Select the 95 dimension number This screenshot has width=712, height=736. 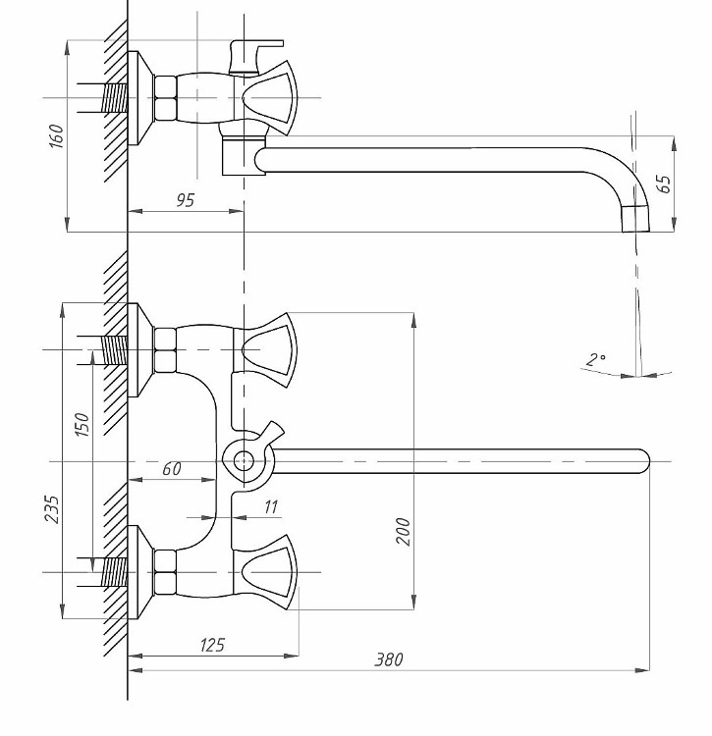tap(185, 200)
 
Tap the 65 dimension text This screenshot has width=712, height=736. tap(664, 184)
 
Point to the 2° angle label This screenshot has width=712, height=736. tap(595, 360)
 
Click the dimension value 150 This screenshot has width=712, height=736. tap(83, 423)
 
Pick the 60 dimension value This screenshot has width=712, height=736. tap(171, 469)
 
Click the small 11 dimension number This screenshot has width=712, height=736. tap(271, 506)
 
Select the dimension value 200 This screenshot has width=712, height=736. tap(403, 531)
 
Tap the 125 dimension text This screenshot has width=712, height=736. tap(212, 645)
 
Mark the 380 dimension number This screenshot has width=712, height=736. tap(388, 659)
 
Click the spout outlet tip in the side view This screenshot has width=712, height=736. tap(636, 218)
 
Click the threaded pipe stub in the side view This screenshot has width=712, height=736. tap(115, 97)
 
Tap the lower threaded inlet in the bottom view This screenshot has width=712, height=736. tap(116, 571)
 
